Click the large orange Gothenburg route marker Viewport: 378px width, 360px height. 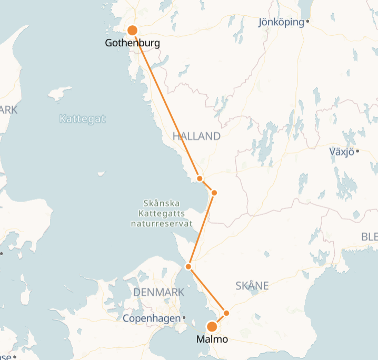tap(133, 31)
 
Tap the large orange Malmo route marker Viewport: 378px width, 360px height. tap(212, 326)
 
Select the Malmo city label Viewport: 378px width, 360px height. tap(212, 339)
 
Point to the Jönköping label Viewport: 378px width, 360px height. tap(281, 22)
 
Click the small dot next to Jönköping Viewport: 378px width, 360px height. tap(307, 22)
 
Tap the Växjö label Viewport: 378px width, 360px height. tap(341, 152)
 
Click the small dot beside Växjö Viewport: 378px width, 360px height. tap(357, 152)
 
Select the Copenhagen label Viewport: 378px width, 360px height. tap(152, 318)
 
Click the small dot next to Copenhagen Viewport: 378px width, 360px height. tap(184, 318)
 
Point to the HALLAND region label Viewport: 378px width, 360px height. tap(196, 136)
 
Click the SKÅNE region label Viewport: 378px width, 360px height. tap(252, 286)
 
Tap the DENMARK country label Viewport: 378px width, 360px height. tap(159, 292)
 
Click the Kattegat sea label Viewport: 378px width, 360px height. tap(82, 119)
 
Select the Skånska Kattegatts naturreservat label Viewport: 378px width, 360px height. tap(162, 213)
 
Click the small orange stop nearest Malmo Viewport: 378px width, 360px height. tap(227, 313)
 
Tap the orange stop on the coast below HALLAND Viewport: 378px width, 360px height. tap(200, 178)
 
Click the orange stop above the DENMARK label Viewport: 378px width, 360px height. tap(188, 267)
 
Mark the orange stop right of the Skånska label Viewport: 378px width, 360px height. tap(214, 193)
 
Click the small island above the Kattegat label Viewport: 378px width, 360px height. tap(59, 93)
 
